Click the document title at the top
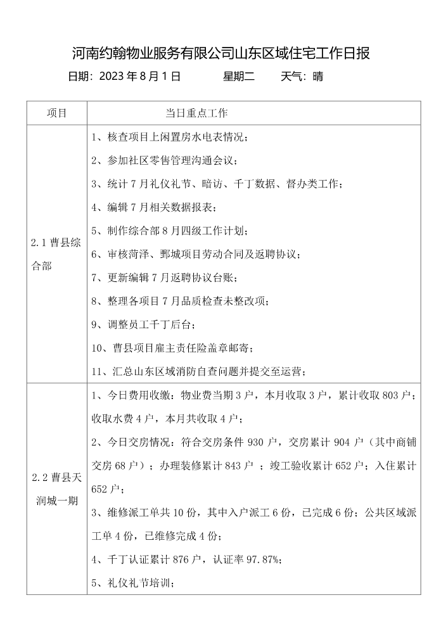point(221,53)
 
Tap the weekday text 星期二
point(239,77)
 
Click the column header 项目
point(56,113)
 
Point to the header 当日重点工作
point(196,113)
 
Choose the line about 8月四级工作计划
point(170,231)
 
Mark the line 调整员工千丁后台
point(144,324)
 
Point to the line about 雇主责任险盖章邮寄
point(173,348)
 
